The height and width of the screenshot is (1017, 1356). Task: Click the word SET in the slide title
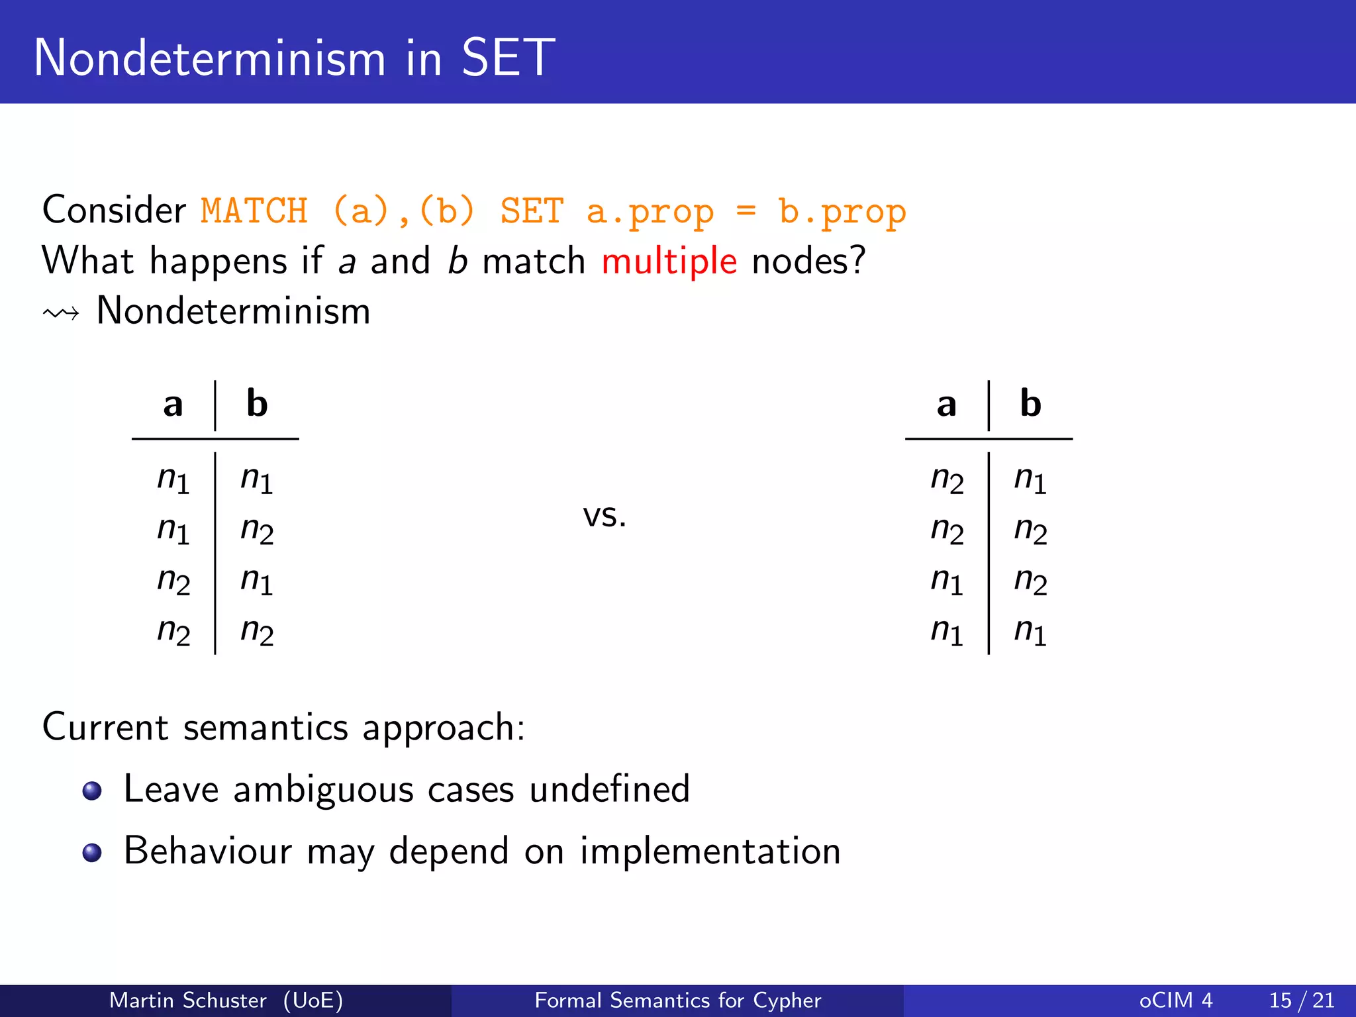pos(508,58)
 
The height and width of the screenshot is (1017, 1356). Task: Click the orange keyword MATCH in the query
pos(254,211)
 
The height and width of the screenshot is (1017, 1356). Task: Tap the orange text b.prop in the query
pos(842,211)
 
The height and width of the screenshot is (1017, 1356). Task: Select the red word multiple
pos(669,261)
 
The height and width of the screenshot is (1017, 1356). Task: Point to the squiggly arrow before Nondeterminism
pos(61,313)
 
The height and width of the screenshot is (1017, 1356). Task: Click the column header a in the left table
pos(173,404)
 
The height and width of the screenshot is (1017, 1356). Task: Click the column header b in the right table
pos(1030,403)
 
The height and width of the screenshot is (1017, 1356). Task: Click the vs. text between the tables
pos(605,515)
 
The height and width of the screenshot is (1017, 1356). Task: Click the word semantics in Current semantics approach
pos(266,728)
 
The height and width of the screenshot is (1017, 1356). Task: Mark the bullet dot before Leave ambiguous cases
pos(92,791)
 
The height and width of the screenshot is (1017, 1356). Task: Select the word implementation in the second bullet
pos(710,851)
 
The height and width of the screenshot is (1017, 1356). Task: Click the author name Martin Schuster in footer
pos(187,1000)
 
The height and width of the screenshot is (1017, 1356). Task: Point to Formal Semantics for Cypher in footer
pos(677,1000)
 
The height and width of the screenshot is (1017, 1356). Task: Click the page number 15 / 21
pos(1301,1000)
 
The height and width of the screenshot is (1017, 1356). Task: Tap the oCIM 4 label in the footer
pos(1175,1000)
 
